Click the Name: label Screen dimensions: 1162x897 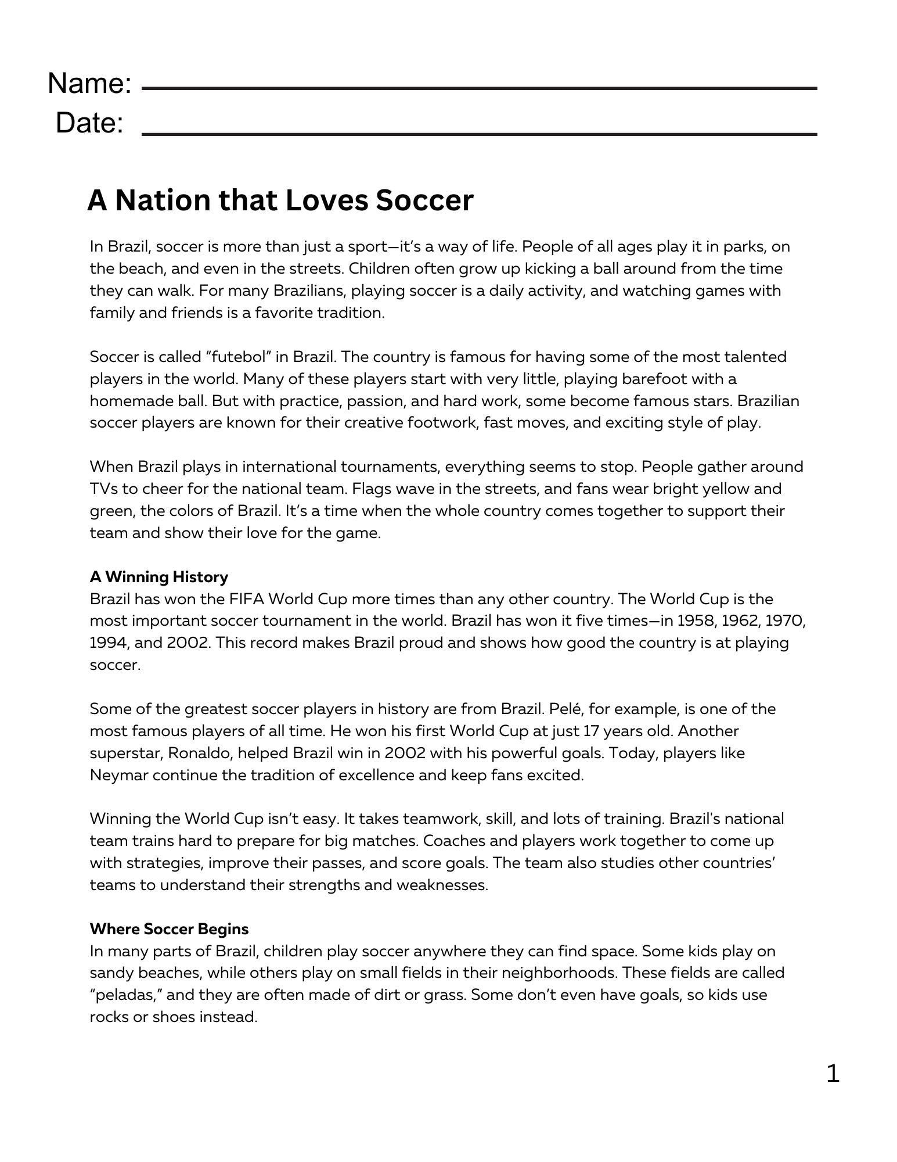pos(90,84)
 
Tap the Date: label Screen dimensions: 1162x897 pos(90,123)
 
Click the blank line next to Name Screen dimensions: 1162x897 pos(479,89)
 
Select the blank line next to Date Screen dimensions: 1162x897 pos(479,134)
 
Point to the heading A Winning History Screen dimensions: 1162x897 pos(158,577)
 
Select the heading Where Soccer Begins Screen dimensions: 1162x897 pos(169,929)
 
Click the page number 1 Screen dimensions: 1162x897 pos(833,1073)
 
